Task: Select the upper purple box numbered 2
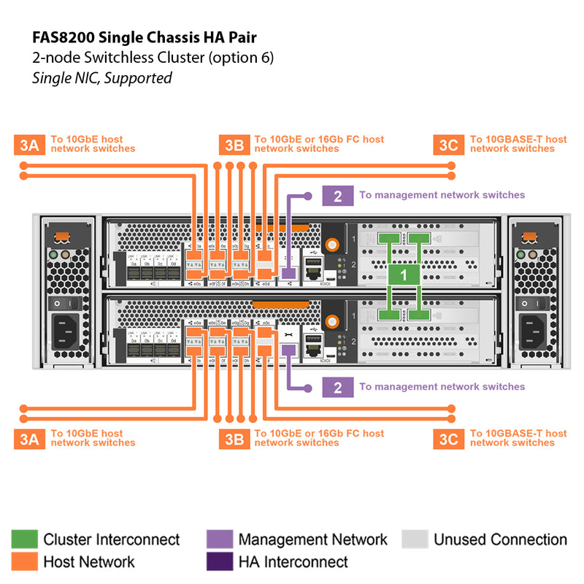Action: click(337, 196)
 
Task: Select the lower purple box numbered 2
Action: click(337, 387)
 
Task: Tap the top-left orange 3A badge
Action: click(28, 145)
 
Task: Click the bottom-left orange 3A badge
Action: click(28, 438)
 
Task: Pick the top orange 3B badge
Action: click(234, 145)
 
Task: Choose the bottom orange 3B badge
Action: click(234, 438)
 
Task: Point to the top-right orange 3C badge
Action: click(448, 145)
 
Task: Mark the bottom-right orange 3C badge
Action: click(448, 438)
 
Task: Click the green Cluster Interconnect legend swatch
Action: click(24, 539)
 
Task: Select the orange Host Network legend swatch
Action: click(24, 561)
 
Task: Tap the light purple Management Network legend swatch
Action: click(220, 539)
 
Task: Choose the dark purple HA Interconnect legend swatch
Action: click(220, 561)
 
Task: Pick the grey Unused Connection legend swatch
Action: click(415, 539)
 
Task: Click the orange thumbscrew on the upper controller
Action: click(333, 246)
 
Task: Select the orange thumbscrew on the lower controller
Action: click(333, 320)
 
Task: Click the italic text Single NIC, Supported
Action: click(102, 77)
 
